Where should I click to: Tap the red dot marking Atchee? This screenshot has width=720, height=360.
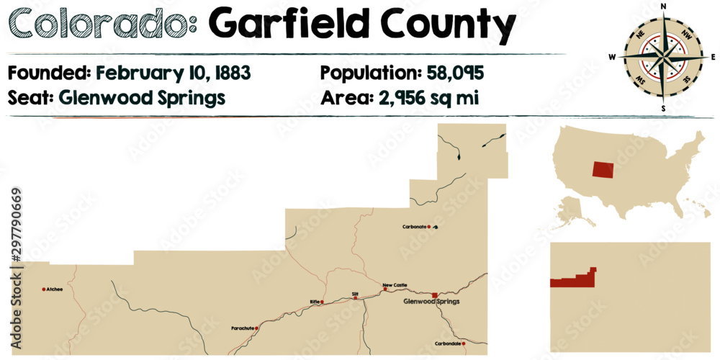tap(45, 289)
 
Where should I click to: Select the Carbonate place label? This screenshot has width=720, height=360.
tap(414, 228)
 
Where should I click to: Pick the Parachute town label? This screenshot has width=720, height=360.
tap(242, 328)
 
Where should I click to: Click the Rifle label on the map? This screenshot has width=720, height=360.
tap(314, 302)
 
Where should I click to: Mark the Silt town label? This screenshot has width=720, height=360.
tap(355, 293)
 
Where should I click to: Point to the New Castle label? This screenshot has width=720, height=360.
tap(395, 284)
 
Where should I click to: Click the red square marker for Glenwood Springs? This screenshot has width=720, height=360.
tap(434, 295)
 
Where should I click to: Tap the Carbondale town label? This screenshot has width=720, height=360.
tap(447, 343)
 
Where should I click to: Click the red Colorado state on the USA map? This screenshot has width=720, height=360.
tap(603, 170)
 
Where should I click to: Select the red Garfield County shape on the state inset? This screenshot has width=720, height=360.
tap(573, 280)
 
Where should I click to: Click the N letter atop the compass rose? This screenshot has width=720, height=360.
tap(662, 6)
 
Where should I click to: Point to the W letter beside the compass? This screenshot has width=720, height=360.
tap(612, 56)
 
